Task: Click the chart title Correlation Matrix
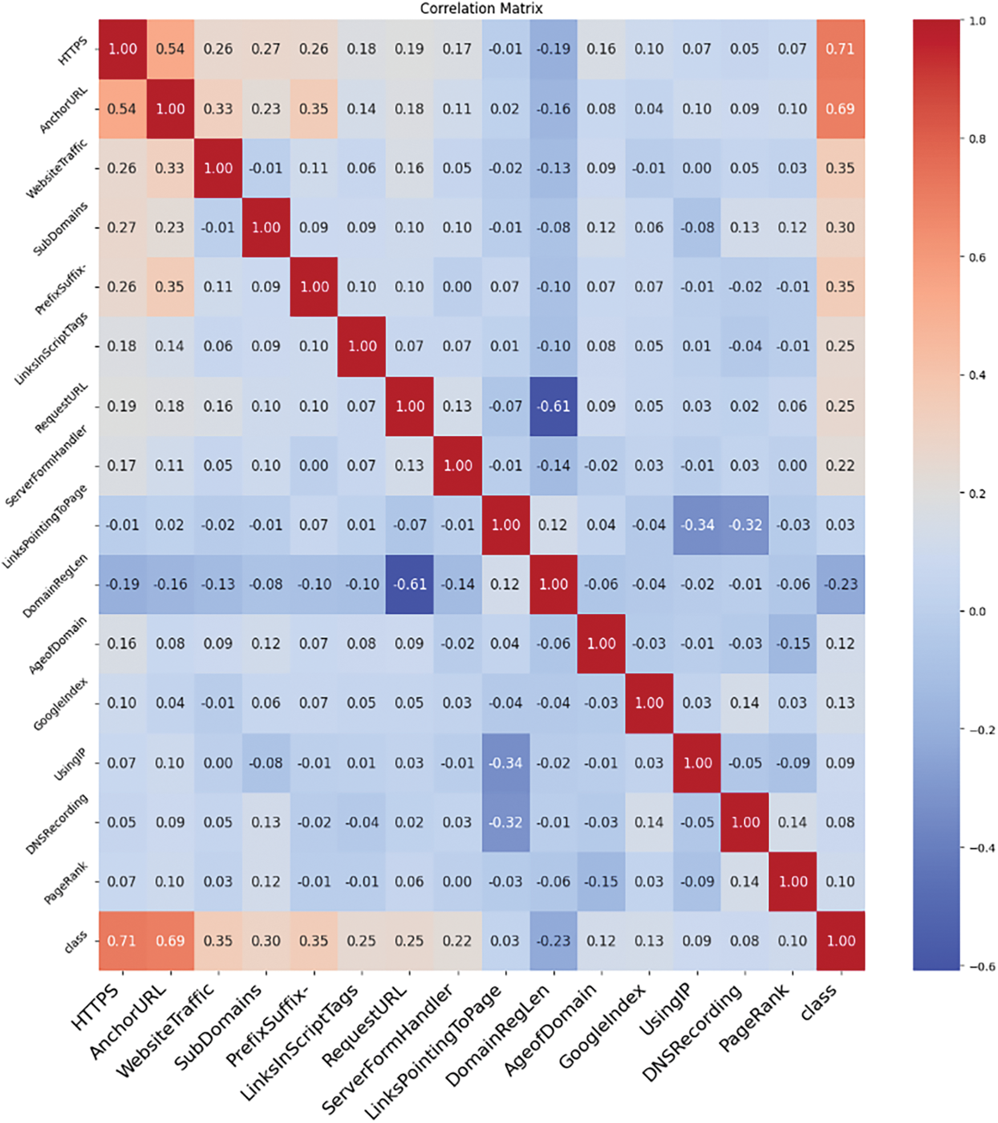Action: click(481, 9)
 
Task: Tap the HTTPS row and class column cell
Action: click(840, 49)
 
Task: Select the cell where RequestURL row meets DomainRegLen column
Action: click(553, 406)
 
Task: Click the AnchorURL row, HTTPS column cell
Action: click(122, 109)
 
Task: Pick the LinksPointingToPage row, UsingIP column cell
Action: click(697, 525)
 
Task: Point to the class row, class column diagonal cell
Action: click(840, 940)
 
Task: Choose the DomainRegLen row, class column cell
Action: click(840, 584)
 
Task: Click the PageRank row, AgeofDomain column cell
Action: click(601, 881)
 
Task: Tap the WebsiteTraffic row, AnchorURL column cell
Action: click(170, 168)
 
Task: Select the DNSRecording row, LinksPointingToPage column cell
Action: click(505, 822)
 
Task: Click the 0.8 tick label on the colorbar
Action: click(977, 139)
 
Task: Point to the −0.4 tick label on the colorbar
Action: click(979, 848)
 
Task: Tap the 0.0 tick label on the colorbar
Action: click(977, 611)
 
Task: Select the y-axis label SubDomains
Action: click(61, 229)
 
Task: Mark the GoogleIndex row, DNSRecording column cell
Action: click(745, 703)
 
